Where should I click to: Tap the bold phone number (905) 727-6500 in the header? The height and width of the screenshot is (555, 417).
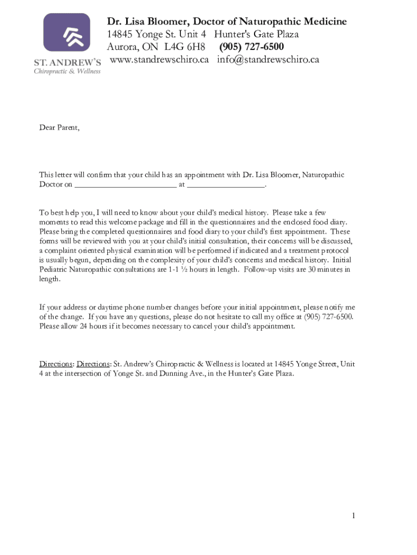point(251,47)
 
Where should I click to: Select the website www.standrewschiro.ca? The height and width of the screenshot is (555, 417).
point(159,60)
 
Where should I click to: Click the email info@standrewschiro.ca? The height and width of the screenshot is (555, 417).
point(268,60)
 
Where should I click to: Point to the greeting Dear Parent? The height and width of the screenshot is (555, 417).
point(59,128)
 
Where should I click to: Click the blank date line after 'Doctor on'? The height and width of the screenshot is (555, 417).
point(125,184)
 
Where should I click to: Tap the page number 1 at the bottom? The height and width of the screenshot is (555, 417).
point(354,515)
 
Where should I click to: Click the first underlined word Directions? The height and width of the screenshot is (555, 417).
point(56,364)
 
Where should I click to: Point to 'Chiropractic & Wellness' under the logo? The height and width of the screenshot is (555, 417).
point(67,71)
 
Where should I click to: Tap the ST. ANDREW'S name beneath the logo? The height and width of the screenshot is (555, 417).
point(67,63)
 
